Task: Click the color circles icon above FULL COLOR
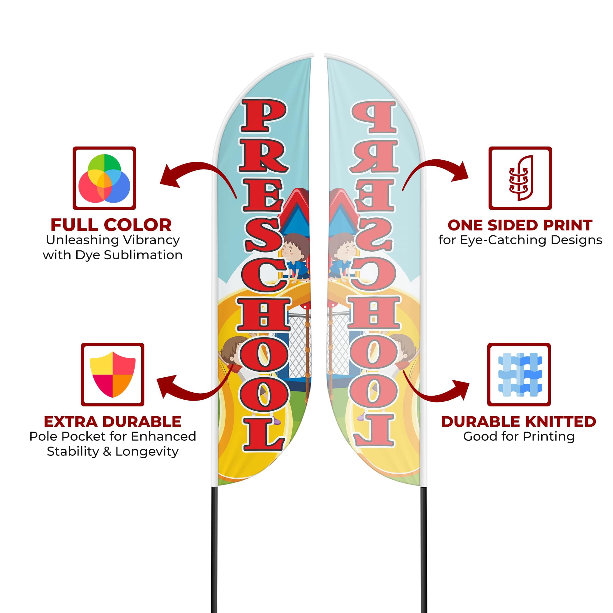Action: point(105,178)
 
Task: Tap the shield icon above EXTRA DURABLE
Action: point(112,375)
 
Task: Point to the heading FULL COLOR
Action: point(111,225)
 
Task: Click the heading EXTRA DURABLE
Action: point(112,422)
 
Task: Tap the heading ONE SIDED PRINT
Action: point(520,225)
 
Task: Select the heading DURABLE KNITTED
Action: point(519,422)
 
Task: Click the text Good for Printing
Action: point(519,436)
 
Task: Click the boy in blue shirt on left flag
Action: point(295,257)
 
